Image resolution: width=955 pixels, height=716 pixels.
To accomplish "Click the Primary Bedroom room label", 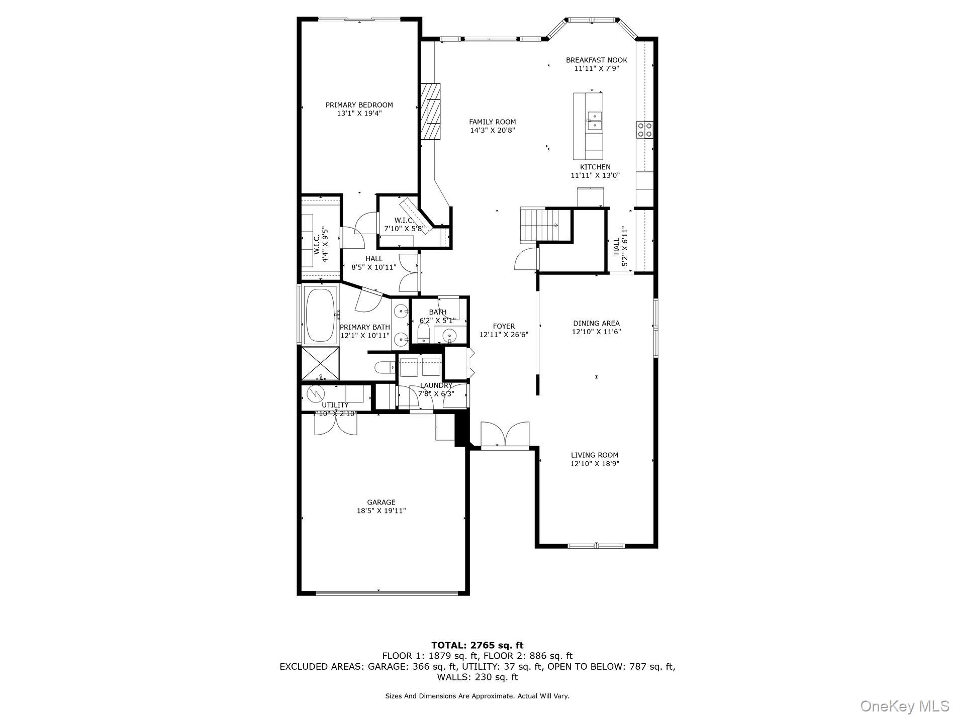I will [x=359, y=105].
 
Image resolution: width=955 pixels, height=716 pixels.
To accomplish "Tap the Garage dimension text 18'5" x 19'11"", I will [x=381, y=511].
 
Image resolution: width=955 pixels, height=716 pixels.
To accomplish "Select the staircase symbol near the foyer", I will [x=539, y=225].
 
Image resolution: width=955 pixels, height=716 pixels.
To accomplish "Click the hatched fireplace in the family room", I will [x=430, y=111].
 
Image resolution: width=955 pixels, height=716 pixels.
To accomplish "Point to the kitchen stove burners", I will [x=644, y=130].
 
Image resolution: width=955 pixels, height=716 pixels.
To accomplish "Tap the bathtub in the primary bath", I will [x=320, y=315].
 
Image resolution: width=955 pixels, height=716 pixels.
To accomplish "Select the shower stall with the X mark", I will [x=320, y=363].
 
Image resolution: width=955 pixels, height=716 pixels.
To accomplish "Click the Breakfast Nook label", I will [x=597, y=60].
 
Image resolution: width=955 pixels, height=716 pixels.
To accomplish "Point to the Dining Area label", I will [x=596, y=324].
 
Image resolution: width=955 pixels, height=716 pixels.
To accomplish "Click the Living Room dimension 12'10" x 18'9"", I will [x=595, y=464].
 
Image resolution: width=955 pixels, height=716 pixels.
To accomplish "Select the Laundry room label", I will [x=436, y=385].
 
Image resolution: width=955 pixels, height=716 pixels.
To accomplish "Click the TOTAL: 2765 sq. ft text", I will [x=477, y=645].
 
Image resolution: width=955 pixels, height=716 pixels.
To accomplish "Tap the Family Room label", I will [x=492, y=122].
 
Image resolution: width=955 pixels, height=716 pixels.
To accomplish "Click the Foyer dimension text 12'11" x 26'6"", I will [x=504, y=334].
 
